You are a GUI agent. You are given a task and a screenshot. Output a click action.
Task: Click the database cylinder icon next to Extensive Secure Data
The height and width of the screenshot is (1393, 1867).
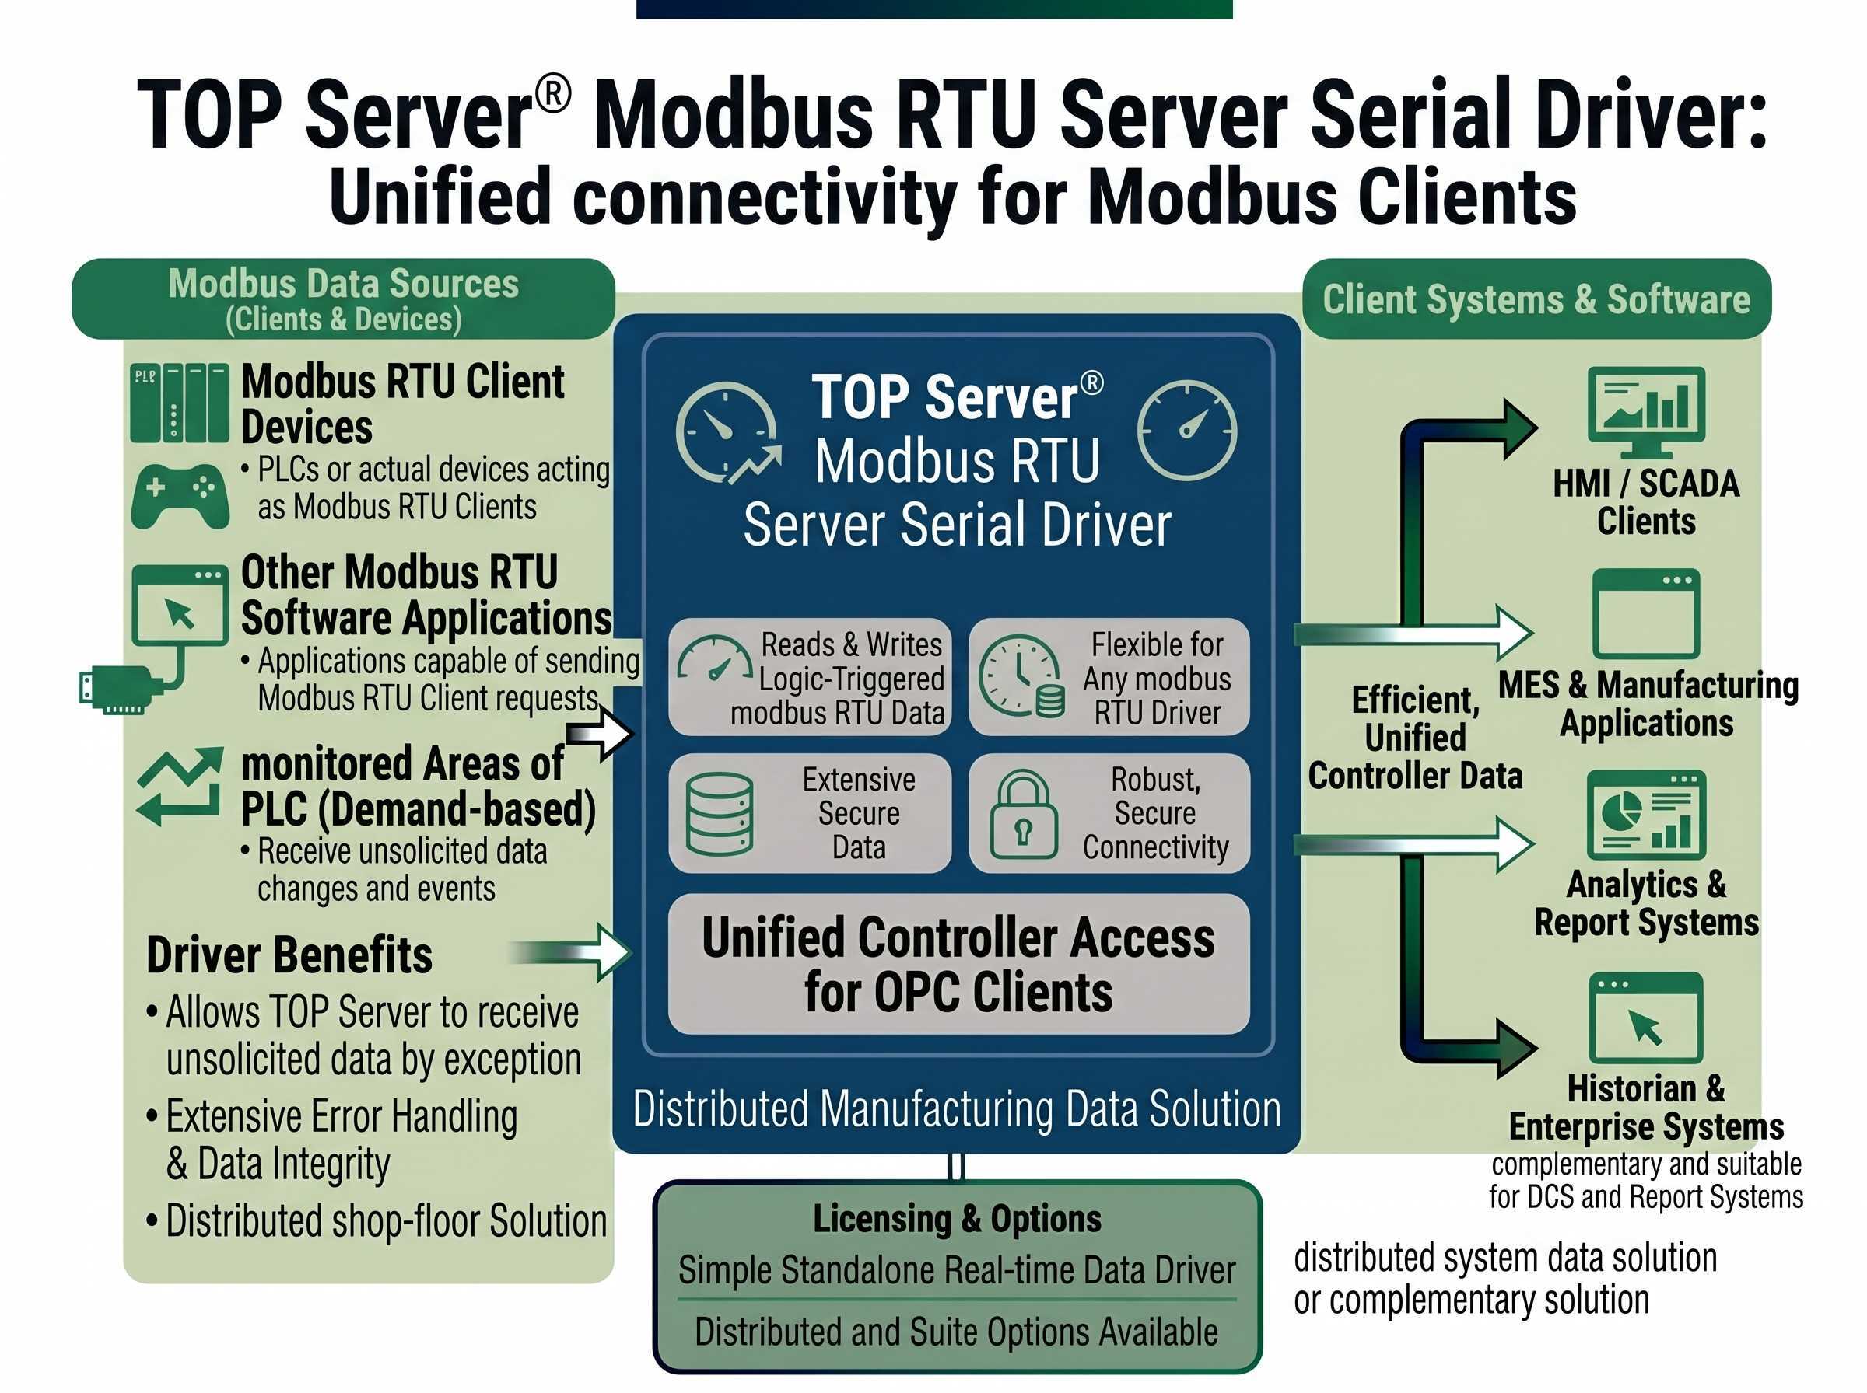719,814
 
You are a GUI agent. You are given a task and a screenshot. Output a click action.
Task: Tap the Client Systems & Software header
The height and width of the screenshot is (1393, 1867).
1536,299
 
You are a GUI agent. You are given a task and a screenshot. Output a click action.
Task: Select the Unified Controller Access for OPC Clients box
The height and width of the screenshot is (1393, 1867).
958,965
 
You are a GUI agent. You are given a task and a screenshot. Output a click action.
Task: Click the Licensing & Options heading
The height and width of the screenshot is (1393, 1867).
957,1218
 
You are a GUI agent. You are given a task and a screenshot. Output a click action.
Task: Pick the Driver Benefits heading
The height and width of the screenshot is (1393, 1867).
289,955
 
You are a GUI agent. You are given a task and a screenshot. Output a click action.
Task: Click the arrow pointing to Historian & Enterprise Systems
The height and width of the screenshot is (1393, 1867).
1510,1048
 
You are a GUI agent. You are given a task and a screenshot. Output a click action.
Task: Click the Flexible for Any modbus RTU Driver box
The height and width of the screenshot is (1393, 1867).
1109,678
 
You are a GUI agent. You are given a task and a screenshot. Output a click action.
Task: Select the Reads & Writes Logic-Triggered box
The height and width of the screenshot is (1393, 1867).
810,678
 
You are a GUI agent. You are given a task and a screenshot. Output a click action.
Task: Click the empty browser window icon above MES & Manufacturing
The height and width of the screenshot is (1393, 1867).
1645,614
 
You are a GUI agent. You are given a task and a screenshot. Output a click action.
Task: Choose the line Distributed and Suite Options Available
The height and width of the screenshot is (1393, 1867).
957,1332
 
